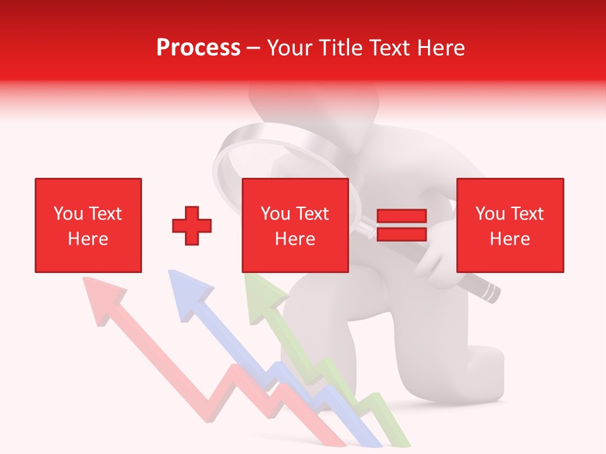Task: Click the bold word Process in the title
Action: (198, 48)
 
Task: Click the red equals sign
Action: (401, 225)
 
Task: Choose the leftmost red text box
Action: (88, 225)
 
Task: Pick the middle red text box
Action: (295, 225)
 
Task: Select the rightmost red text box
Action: (510, 225)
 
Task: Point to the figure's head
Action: (314, 104)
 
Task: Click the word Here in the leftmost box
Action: (88, 239)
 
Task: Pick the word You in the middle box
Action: (275, 214)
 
